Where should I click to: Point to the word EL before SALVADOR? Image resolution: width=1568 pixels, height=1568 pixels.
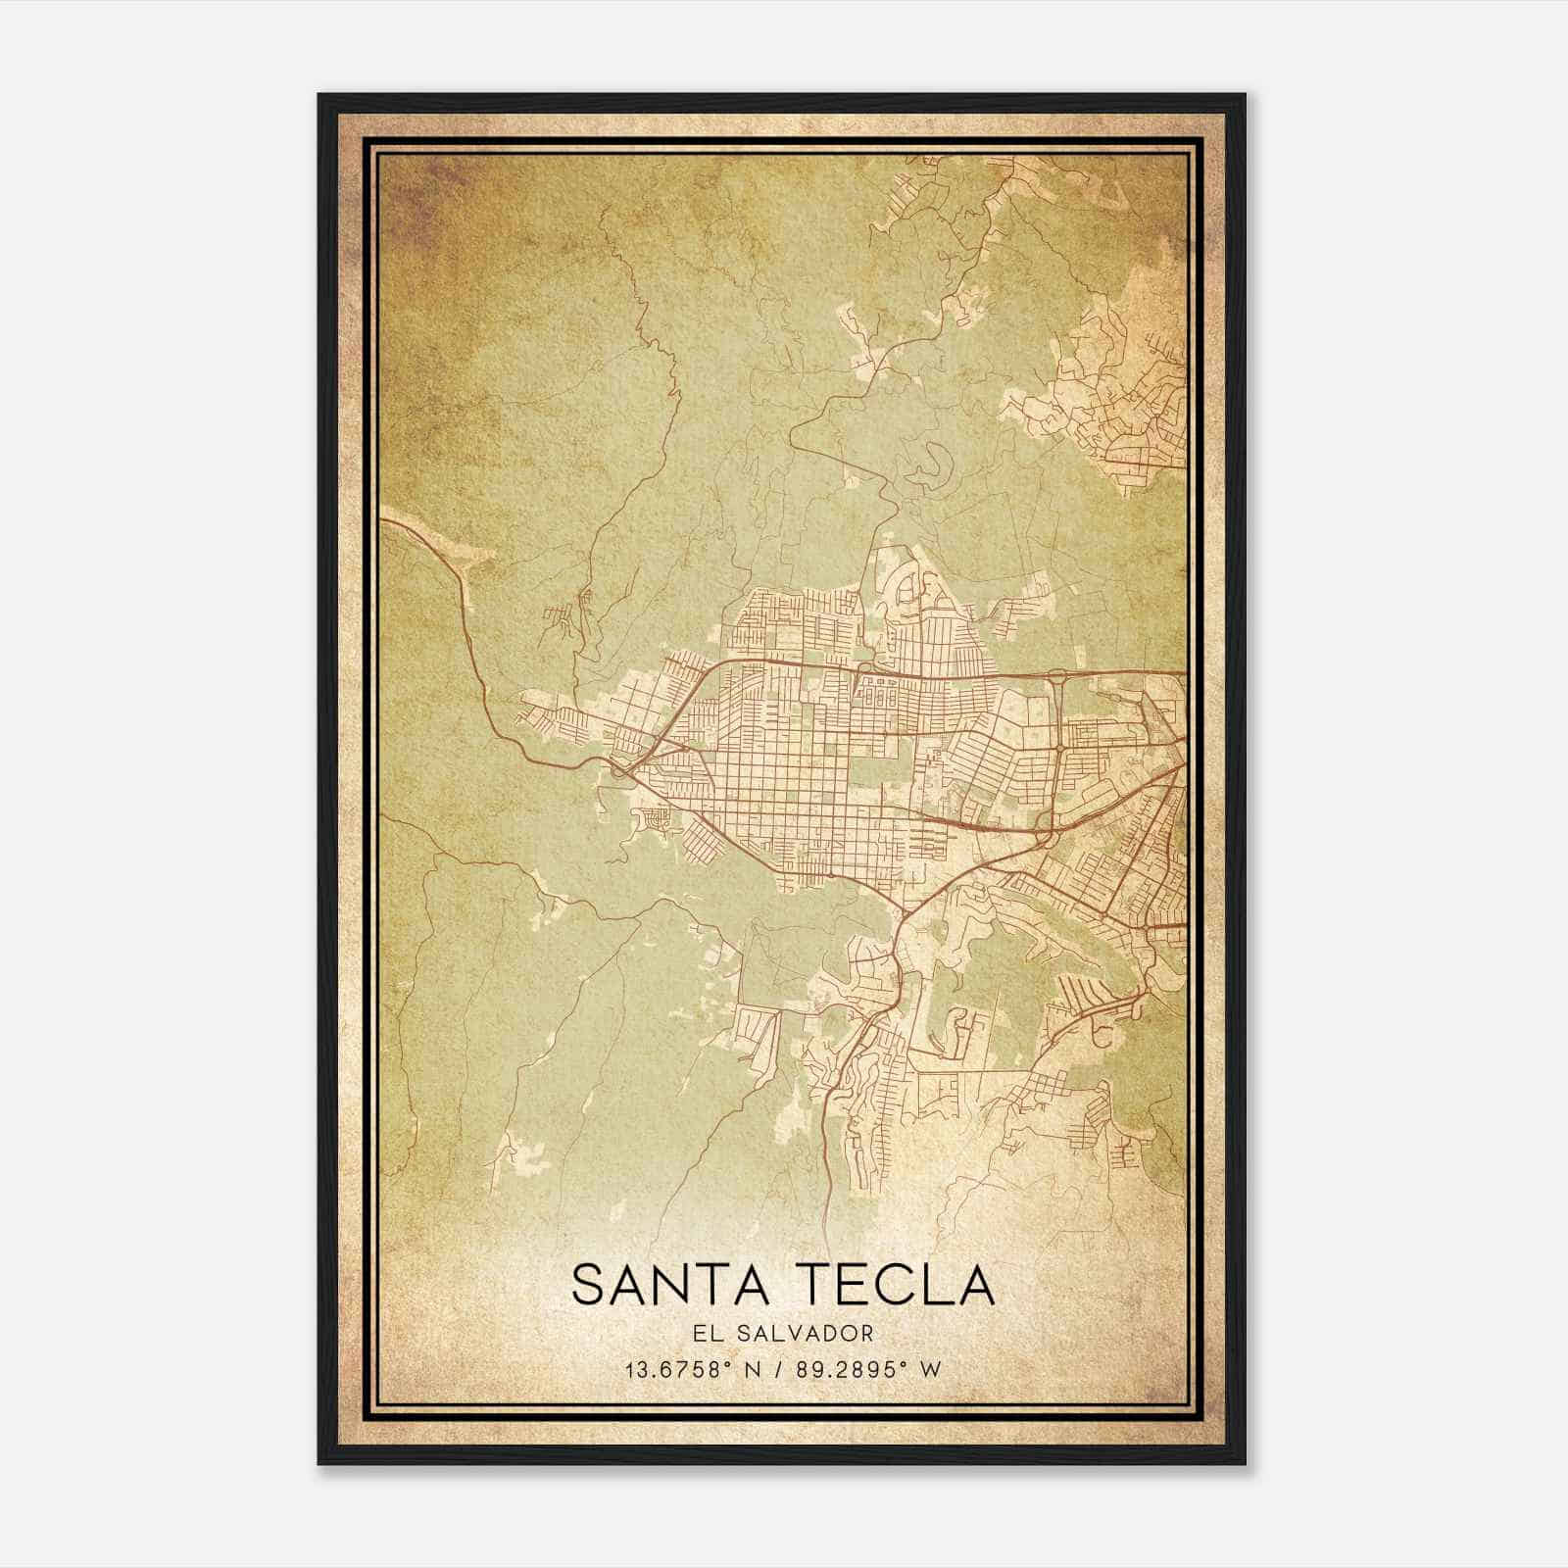coord(713,1334)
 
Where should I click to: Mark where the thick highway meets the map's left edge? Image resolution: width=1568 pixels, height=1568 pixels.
coord(382,520)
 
